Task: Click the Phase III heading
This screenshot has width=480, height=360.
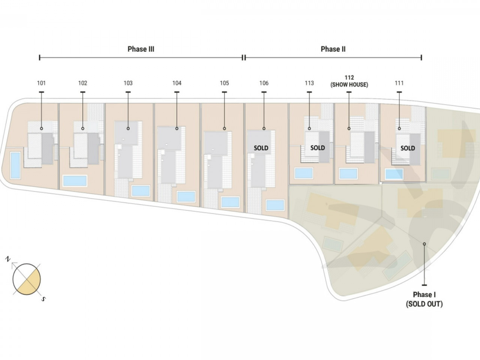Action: (x=141, y=49)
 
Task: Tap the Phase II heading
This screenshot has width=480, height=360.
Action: (x=333, y=49)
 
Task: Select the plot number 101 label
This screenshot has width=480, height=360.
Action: (x=41, y=83)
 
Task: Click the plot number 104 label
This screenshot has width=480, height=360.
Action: (x=177, y=83)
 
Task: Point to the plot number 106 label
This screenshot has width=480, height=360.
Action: (x=264, y=83)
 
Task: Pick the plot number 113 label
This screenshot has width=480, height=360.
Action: (x=309, y=83)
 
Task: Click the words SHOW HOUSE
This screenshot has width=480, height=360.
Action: (x=349, y=85)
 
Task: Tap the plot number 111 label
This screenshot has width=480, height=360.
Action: (x=399, y=83)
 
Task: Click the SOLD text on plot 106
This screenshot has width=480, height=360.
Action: (x=261, y=148)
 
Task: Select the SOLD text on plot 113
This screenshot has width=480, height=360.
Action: (x=318, y=148)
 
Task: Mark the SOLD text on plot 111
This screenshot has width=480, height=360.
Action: (x=408, y=148)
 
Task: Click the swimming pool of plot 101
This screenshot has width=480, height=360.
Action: (x=15, y=165)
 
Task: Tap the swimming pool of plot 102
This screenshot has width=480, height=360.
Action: (x=75, y=181)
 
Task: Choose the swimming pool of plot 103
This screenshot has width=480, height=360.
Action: (x=141, y=191)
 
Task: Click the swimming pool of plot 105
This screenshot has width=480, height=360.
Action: (x=230, y=202)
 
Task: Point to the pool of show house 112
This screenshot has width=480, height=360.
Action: (x=348, y=174)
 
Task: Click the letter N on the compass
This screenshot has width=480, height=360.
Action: (x=8, y=259)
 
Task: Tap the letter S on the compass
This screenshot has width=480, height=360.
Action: (x=43, y=299)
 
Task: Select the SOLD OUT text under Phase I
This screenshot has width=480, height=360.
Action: (x=424, y=304)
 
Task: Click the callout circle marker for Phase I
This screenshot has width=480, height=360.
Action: (x=424, y=244)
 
